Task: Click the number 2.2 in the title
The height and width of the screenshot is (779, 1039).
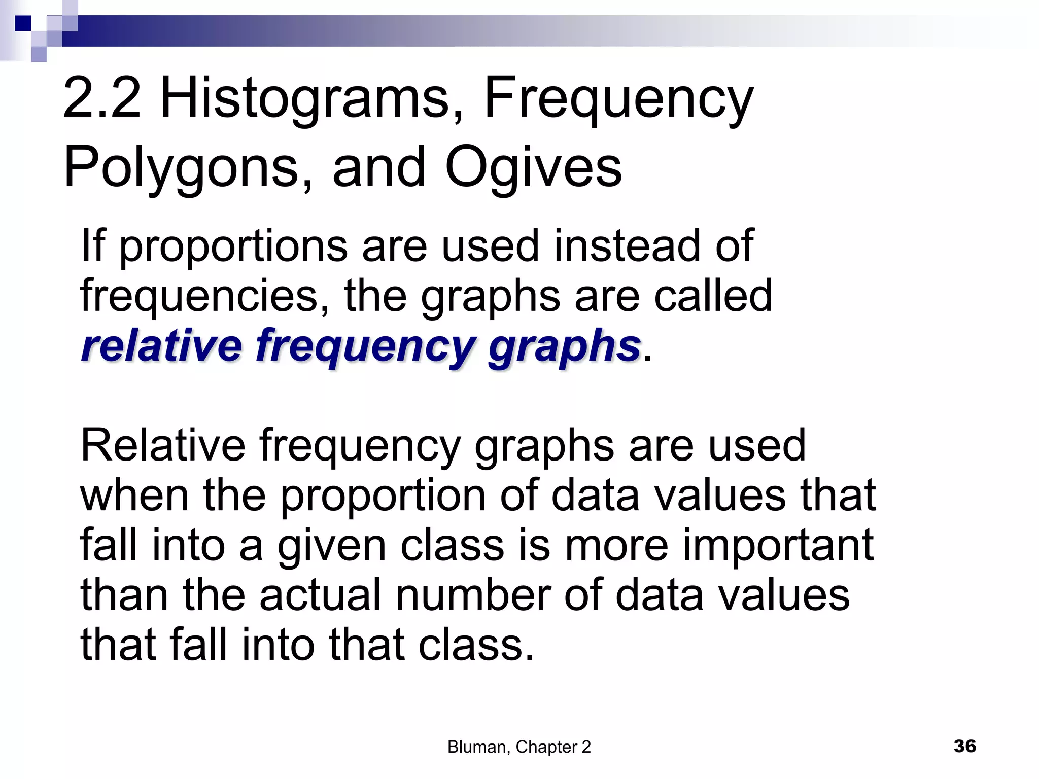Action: click(101, 97)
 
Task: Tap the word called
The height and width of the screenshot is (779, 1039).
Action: click(712, 295)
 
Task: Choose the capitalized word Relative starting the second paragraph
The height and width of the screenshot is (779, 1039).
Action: click(162, 445)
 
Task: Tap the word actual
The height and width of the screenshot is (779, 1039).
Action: click(320, 594)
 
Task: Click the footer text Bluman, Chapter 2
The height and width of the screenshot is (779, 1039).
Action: click(519, 747)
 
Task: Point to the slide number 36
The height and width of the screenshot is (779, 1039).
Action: click(964, 746)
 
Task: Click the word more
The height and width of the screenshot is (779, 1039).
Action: click(616, 546)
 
